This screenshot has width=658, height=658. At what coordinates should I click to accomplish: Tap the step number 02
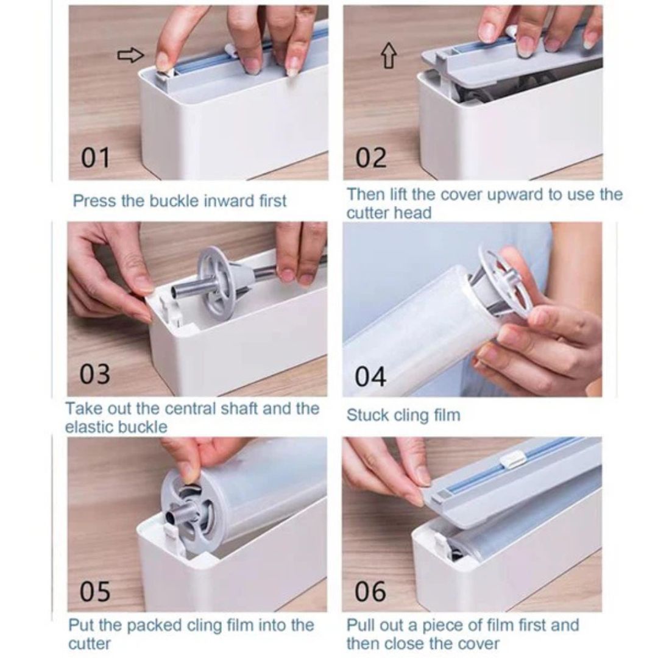pos(371,158)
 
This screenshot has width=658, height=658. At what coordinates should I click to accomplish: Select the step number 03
pos(95,374)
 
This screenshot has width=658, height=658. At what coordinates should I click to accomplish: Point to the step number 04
pos(370,377)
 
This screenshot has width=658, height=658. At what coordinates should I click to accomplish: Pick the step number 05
pos(95,591)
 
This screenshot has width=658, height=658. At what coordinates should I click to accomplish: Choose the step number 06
pos(370,591)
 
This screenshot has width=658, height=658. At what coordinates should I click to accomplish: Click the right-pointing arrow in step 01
pos(130,55)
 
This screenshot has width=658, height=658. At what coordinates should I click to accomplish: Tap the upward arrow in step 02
pos(389,56)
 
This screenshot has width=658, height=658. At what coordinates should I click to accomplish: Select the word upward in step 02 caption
pos(517,195)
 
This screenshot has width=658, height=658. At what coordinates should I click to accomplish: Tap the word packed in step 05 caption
pos(153,625)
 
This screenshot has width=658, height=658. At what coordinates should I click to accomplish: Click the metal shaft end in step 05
pos(173,520)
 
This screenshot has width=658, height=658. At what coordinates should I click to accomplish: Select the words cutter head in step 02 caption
pos(389,213)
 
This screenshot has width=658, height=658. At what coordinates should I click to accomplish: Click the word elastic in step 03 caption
pos(88,426)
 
